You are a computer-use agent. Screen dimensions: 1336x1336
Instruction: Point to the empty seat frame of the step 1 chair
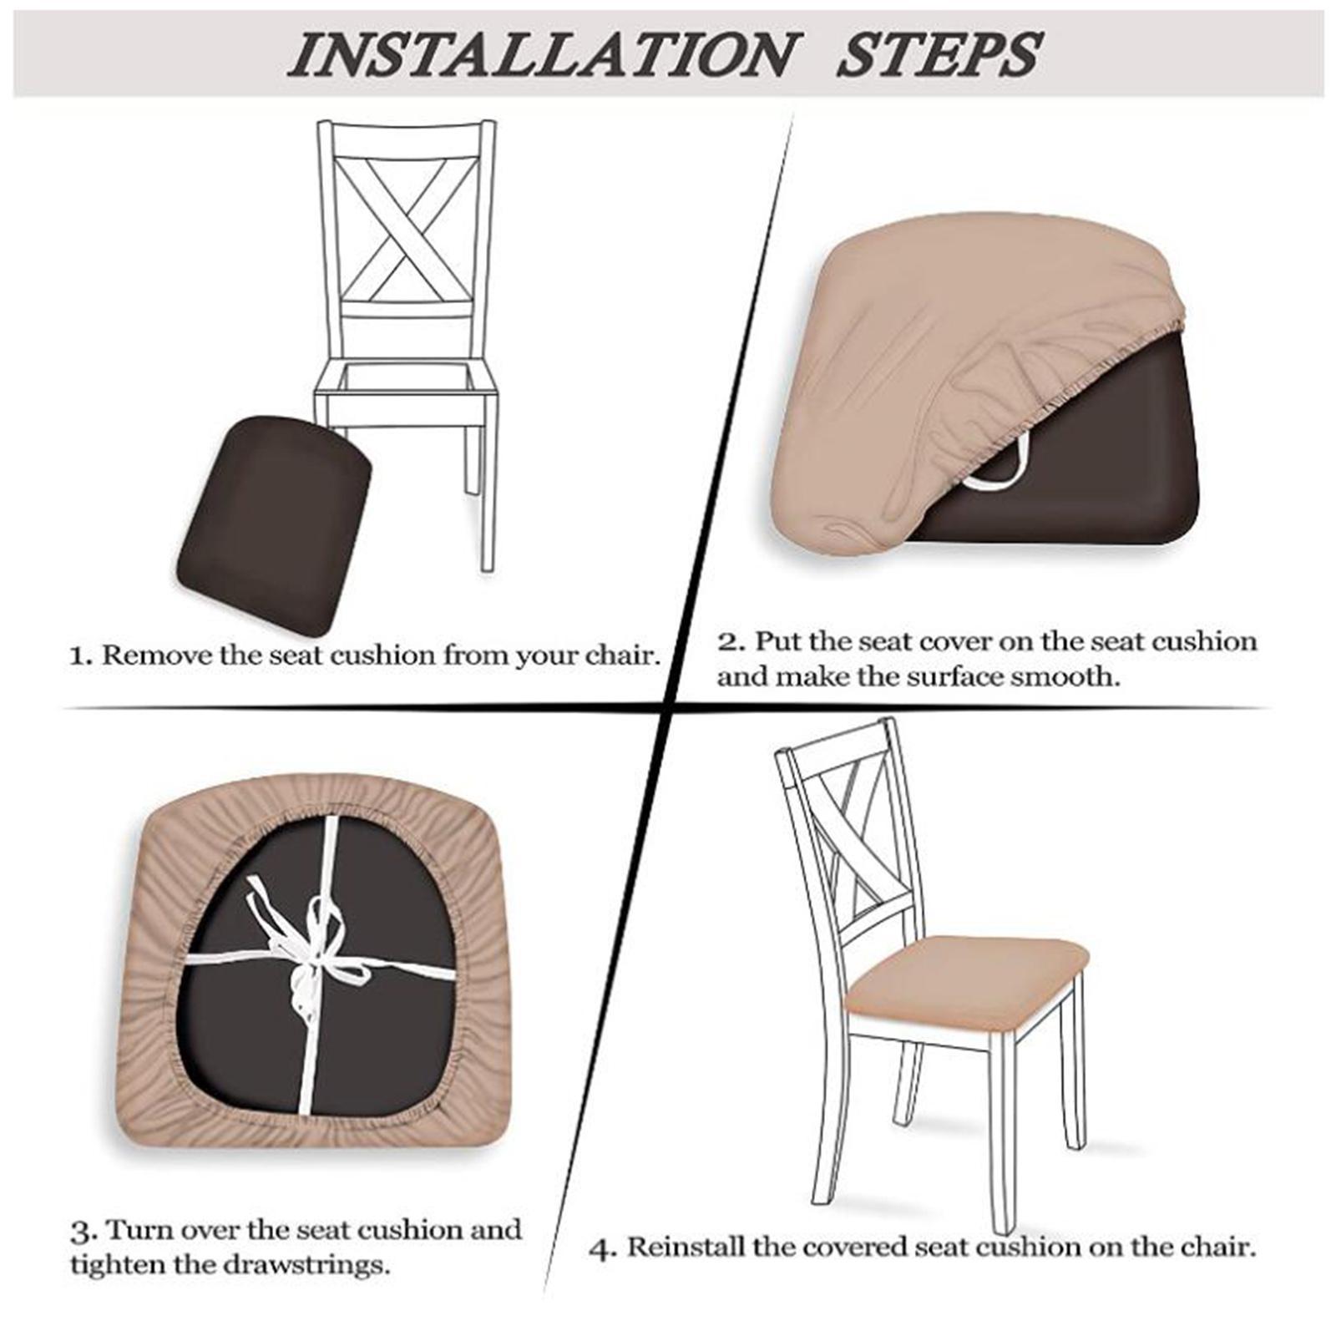pyautogui.click(x=399, y=383)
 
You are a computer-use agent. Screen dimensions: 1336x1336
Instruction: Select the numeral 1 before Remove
pyautogui.click(x=79, y=655)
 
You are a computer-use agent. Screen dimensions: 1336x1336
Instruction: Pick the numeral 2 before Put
pyautogui.click(x=729, y=642)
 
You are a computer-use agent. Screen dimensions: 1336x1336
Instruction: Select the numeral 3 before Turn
pyautogui.click(x=80, y=1232)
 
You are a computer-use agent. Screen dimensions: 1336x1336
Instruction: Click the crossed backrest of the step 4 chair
pyautogui.click(x=860, y=843)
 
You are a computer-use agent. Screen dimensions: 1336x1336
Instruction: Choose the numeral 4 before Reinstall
pyautogui.click(x=602, y=1249)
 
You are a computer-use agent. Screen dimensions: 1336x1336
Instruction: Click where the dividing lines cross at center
pyautogui.click(x=670, y=709)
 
